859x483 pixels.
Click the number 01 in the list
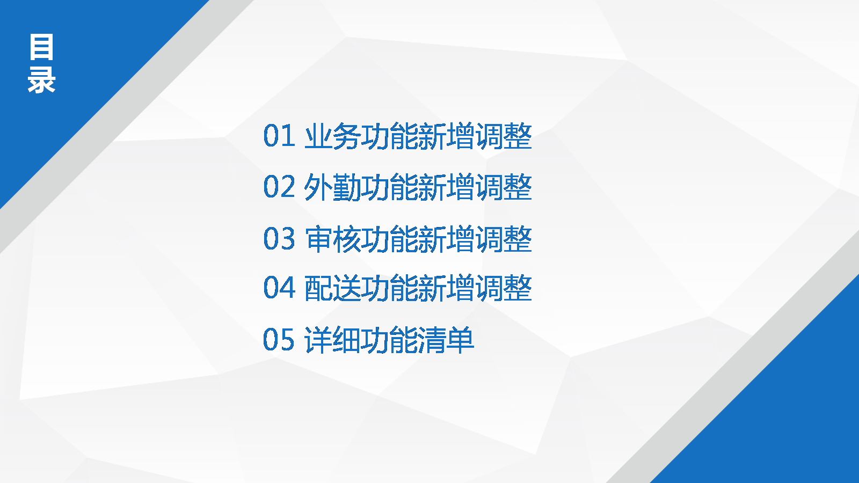coord(279,136)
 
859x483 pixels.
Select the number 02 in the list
coord(279,187)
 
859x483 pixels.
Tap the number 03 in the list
coord(279,238)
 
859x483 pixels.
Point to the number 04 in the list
coord(279,287)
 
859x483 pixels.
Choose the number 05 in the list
coord(279,339)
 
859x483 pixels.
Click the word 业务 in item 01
coord(332,136)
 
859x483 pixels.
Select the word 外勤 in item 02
coord(332,187)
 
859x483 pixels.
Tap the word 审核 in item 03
coord(332,239)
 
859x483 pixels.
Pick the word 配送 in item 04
coord(332,288)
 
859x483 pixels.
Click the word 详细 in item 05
coord(332,340)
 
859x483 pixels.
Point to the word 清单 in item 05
coord(446,340)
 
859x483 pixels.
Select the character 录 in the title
coord(41,80)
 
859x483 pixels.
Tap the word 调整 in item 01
coord(504,136)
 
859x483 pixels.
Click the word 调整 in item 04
coord(504,288)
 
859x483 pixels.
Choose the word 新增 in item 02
coord(446,187)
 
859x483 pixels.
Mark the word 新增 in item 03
coord(446,239)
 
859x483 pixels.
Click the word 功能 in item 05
coord(389,340)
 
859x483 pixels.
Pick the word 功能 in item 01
coord(389,136)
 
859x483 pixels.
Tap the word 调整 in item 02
coord(504,187)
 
